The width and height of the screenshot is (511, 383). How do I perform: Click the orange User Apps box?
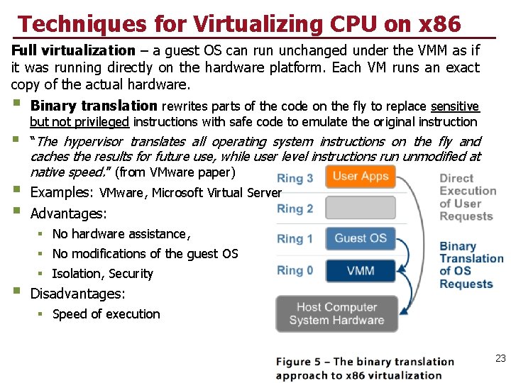pos(360,176)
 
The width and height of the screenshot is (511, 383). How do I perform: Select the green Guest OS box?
pos(360,238)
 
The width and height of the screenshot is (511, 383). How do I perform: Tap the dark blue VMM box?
pos(360,270)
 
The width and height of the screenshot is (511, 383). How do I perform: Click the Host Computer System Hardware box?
pos(336,313)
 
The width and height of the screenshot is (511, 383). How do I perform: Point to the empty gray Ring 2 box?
pos(360,208)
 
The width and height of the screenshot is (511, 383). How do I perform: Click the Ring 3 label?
pos(295,178)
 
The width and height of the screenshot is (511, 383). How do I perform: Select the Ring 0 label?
pos(295,270)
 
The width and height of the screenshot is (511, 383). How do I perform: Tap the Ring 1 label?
pos(295,239)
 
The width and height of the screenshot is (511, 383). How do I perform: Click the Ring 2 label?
pos(295,209)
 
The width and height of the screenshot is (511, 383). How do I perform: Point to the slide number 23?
pos(500,359)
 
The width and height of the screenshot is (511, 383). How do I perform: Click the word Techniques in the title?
pos(79,24)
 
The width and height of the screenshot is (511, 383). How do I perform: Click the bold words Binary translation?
pos(94,106)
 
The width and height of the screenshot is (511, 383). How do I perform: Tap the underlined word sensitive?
pos(455,106)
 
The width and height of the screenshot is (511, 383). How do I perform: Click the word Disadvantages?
pos(77,294)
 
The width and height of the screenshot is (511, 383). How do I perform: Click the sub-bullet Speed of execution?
pos(106,314)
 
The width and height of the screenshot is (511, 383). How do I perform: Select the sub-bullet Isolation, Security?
pos(102,274)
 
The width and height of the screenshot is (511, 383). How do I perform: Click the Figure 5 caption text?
pos(364,368)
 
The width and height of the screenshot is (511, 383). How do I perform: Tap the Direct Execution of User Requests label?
pos(467,197)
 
